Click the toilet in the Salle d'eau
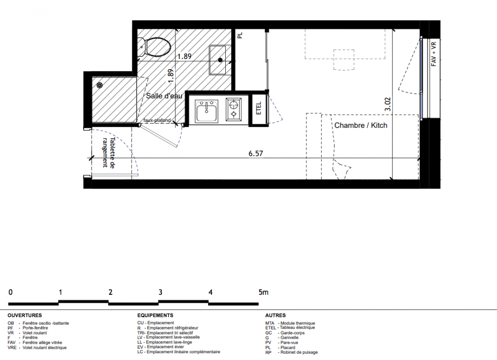click(154, 47)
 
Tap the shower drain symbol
click(99, 85)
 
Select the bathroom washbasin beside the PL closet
click(217, 60)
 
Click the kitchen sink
click(206, 111)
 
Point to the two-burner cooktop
click(234, 109)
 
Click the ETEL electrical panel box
click(259, 109)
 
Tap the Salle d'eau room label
click(164, 96)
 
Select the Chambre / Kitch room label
click(361, 125)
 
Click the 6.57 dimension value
click(255, 153)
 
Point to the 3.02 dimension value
click(388, 104)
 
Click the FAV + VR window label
click(434, 54)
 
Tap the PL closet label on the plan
click(240, 35)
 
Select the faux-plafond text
click(157, 121)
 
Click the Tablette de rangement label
click(108, 153)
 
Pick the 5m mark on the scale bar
click(264, 292)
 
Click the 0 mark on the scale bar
click(10, 292)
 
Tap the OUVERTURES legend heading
click(25, 315)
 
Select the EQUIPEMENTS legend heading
click(155, 315)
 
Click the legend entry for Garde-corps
click(285, 333)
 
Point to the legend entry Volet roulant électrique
click(37, 348)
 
